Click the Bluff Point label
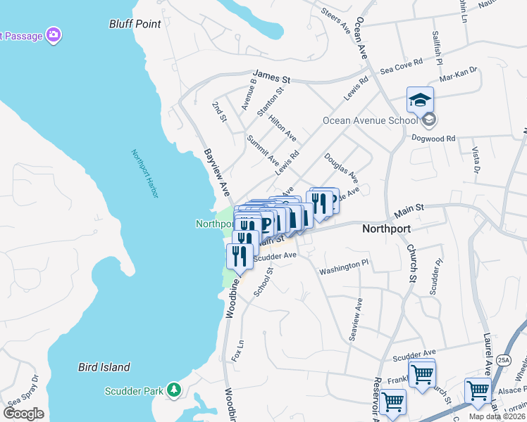(x=135, y=24)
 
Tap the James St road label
(x=272, y=74)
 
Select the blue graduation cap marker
(x=420, y=101)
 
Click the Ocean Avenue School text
(x=370, y=120)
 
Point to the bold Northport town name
(x=386, y=229)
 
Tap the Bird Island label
(x=104, y=367)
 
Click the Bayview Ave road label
(x=217, y=172)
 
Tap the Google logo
(x=23, y=414)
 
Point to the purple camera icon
(x=53, y=34)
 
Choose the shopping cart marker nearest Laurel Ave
(x=478, y=390)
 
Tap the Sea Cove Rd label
(x=401, y=66)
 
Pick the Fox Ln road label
(x=237, y=351)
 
